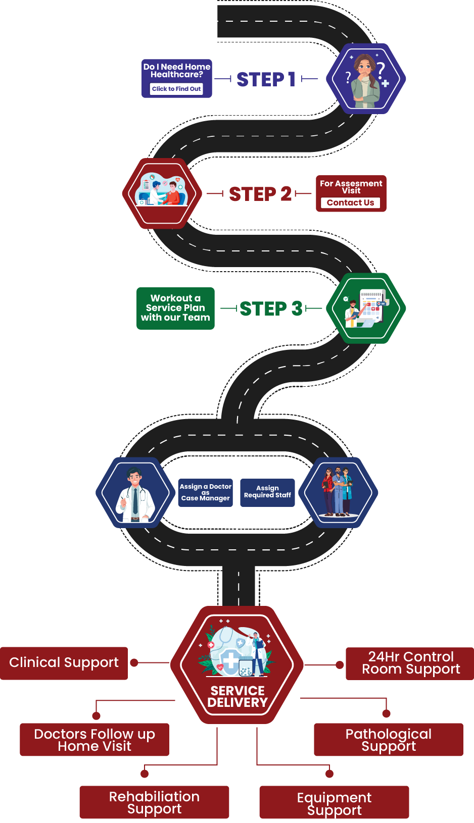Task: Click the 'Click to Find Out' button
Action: pos(176,89)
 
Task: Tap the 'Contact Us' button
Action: pos(350,202)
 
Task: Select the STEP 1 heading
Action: pos(266,79)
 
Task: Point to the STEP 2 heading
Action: pos(260,194)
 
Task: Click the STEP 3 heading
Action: pos(271,308)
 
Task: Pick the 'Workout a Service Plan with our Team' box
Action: pos(175,308)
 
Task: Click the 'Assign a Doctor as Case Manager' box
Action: pos(206,492)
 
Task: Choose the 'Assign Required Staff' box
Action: pos(267,492)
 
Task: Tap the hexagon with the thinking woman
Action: pos(366,79)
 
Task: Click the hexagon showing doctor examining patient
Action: pos(162,193)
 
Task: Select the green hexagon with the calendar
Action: pos(366,308)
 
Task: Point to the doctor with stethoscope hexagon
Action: pos(135,493)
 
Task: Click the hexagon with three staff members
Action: pos(338,493)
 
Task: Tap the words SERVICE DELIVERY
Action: pos(237,697)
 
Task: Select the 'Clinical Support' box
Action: pos(64,663)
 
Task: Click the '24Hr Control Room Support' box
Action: pos(410,663)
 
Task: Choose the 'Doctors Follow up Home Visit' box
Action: pos(94,740)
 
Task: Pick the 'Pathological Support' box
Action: pos(388,740)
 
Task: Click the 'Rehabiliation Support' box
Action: pos(154,802)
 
